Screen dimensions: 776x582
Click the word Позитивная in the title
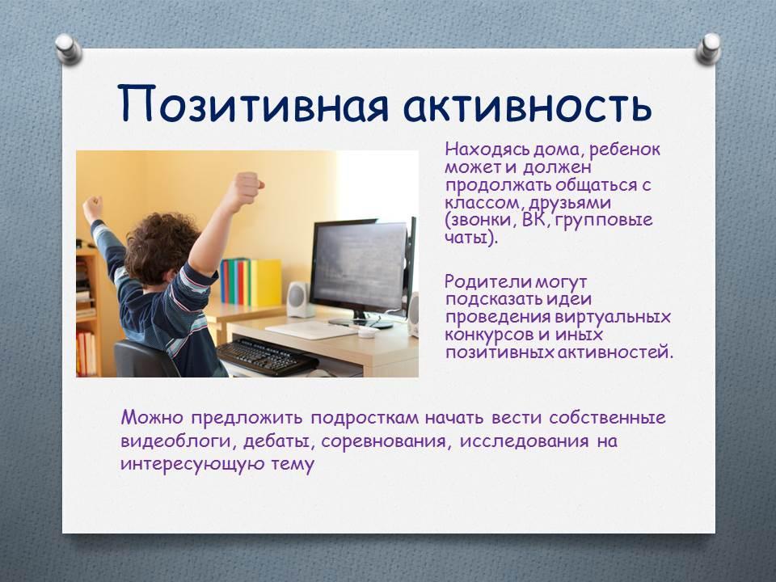[253, 104]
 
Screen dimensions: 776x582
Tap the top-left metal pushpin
[68, 49]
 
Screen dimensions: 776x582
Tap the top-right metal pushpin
[708, 49]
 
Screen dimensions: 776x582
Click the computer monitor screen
[360, 267]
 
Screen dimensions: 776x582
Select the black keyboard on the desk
[266, 356]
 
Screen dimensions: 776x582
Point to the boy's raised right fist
[246, 188]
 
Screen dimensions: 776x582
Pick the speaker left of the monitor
[298, 299]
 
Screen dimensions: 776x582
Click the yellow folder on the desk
[265, 283]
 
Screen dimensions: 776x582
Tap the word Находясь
[480, 150]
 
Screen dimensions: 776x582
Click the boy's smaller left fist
[92, 205]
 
